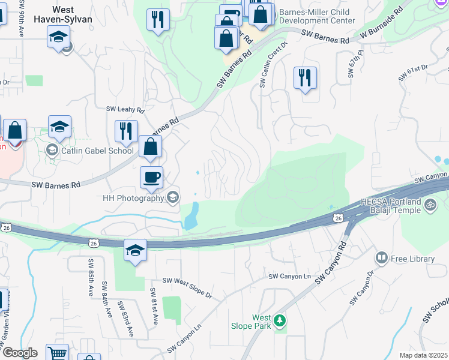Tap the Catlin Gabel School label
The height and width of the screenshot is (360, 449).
coord(97,151)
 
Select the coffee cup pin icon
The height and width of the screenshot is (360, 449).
coord(151,177)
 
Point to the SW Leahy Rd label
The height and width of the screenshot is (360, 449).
coord(125,110)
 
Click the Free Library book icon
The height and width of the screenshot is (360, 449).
coord(381,258)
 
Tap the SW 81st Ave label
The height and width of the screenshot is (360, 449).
coord(154,307)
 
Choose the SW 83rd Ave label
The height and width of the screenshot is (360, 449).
coord(127,317)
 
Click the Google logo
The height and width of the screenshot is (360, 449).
coord(20,353)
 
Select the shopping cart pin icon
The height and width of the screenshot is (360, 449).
coord(57,353)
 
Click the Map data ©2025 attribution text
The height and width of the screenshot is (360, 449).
coord(423,355)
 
